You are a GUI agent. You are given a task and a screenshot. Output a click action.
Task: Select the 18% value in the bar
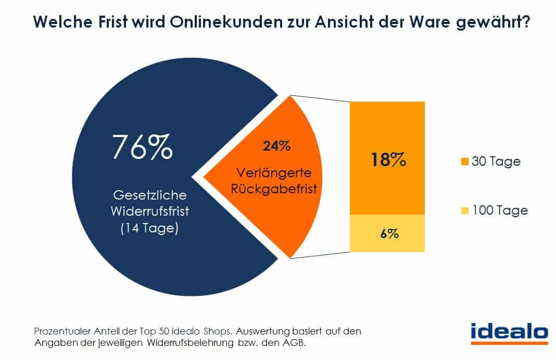(x=388, y=159)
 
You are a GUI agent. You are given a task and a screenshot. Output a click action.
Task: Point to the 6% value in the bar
(x=388, y=233)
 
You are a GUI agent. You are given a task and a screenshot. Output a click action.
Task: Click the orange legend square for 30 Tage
(x=464, y=162)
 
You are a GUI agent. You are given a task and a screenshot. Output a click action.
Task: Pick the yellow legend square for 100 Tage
(x=464, y=211)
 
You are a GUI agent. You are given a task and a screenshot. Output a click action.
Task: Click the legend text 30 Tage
(x=496, y=162)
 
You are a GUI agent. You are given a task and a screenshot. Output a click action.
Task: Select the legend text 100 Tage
(x=500, y=211)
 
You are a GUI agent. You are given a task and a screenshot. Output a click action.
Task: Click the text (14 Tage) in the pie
(x=142, y=228)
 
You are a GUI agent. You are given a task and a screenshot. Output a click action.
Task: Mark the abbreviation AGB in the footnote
(x=300, y=343)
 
